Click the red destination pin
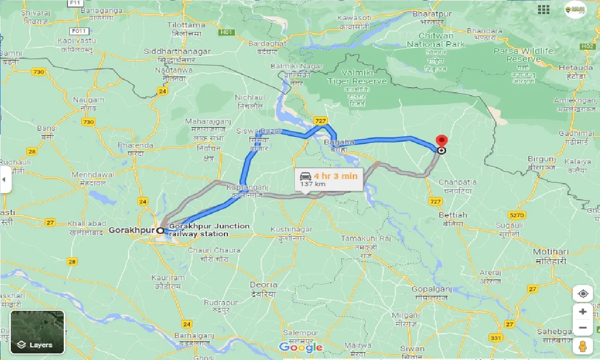point(441,141)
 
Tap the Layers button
point(37,332)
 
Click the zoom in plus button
point(583,312)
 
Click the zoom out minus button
point(583,328)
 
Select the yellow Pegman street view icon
point(583,346)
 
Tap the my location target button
point(583,294)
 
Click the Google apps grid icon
point(544,9)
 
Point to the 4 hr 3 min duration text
point(335,176)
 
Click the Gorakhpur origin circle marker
point(160,231)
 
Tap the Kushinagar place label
point(291,229)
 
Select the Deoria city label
point(263,285)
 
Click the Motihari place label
point(550,252)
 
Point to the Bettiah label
point(453,215)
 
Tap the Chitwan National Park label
point(436,40)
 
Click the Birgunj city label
point(541,159)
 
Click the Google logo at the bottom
point(300,347)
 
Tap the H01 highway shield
point(227,32)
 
